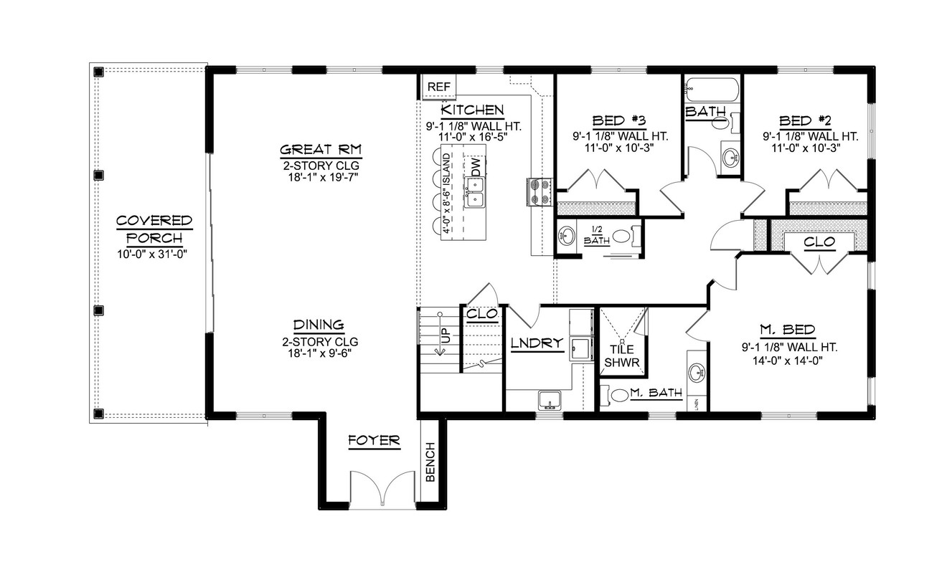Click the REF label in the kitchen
coord(438,87)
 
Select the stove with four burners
coord(538,191)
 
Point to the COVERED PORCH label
coord(154,229)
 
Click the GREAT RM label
coord(320,150)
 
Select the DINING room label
coord(319,325)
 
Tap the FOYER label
coord(374,440)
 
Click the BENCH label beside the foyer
coord(430,462)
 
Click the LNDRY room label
coord(537,343)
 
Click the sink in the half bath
coord(567,235)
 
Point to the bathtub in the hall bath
coord(710,91)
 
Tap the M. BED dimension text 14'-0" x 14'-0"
coord(787,361)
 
